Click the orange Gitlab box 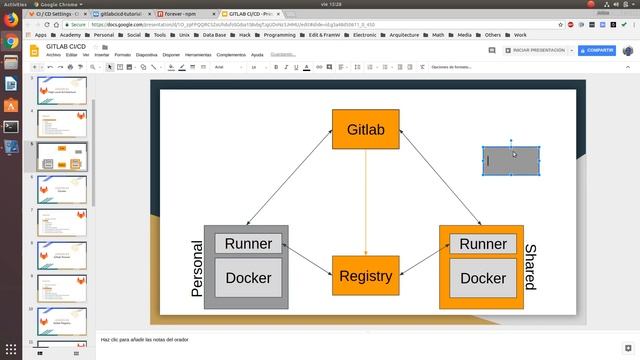(x=365, y=130)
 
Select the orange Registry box (x=365, y=276)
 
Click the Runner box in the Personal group (x=248, y=244)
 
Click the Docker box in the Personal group (x=248, y=278)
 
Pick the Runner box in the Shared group (x=483, y=244)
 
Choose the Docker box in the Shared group (x=483, y=278)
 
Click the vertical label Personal (x=196, y=268)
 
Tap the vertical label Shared (x=530, y=267)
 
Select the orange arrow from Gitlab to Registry (x=365, y=205)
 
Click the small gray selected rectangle (x=511, y=161)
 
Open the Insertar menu (x=102, y=55)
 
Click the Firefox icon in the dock (x=11, y=42)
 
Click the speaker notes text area (x=300, y=340)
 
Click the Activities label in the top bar (x=14, y=4)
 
